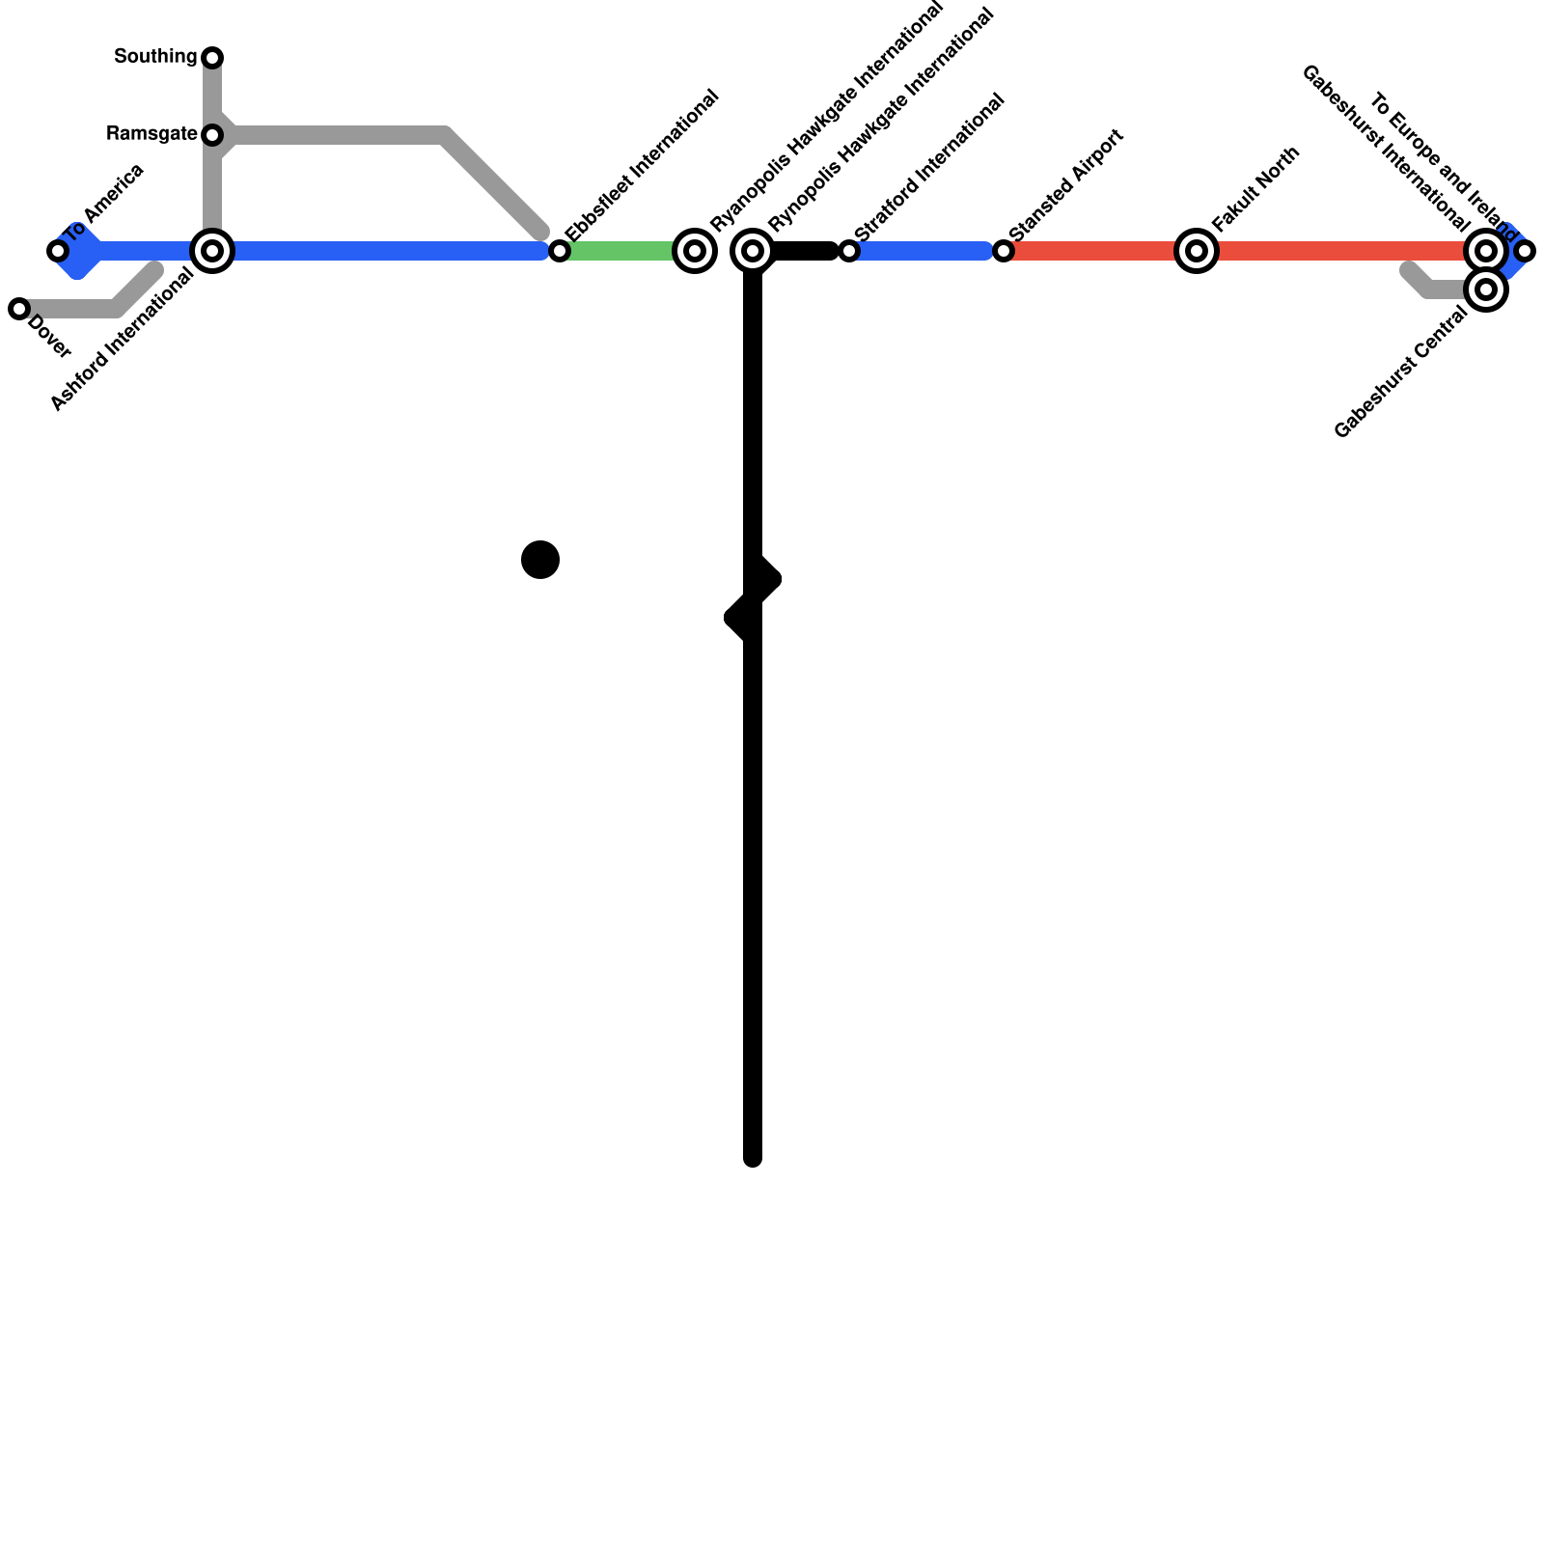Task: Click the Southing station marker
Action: [212, 58]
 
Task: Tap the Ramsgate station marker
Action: [212, 135]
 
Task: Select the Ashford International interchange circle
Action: [212, 251]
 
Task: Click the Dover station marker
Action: [19, 309]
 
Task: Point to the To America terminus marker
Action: [58, 251]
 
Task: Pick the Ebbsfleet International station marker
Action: [560, 251]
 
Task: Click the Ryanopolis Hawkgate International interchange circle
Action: [695, 251]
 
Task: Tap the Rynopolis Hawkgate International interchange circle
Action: [753, 251]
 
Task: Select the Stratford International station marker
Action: [849, 251]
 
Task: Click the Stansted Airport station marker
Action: [1004, 251]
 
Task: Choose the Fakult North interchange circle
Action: [1197, 251]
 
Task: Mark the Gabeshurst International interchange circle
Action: [1486, 251]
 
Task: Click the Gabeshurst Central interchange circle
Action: [1486, 289]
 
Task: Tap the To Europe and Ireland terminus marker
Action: [1525, 251]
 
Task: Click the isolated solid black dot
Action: [540, 560]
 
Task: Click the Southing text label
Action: [155, 57]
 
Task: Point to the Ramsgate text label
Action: [152, 134]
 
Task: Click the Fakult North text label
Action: [1256, 189]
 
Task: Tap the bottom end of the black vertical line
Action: [753, 1158]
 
